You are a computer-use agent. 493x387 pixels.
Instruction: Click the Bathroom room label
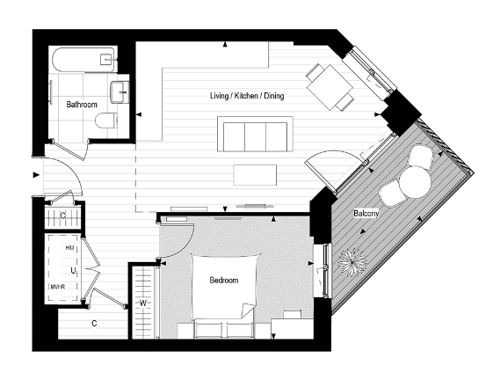[x=82, y=105]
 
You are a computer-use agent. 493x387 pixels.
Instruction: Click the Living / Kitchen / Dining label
[x=246, y=95]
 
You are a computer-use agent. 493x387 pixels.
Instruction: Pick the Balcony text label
[x=366, y=214]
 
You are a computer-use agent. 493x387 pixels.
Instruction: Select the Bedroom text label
[x=223, y=281]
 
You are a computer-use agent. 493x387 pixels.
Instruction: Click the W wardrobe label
[x=143, y=303]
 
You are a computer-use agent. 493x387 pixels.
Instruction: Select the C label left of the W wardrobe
[x=94, y=323]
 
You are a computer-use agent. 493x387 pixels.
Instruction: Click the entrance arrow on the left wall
[x=36, y=175]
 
